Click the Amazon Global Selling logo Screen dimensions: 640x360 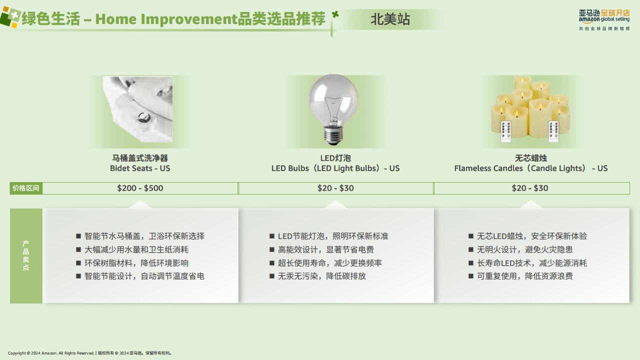pyautogui.click(x=604, y=20)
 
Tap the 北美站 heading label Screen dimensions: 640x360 pyautogui.click(x=390, y=19)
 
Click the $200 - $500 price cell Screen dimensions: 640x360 pyautogui.click(x=140, y=188)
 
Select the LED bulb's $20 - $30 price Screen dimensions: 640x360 pyautogui.click(x=335, y=188)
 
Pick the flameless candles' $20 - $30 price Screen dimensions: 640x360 pyautogui.click(x=529, y=188)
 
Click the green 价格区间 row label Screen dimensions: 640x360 pyautogui.click(x=25, y=188)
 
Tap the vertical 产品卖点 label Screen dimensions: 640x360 pyautogui.click(x=26, y=255)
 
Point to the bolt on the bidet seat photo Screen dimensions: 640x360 pyautogui.click(x=142, y=117)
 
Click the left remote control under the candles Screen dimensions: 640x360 pyautogui.click(x=505, y=131)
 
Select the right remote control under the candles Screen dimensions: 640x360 pyautogui.click(x=553, y=131)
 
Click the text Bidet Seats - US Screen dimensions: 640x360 pyautogui.click(x=140, y=168)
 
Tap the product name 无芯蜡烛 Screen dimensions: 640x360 pyautogui.click(x=531, y=158)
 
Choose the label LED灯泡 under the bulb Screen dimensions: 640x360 pyautogui.click(x=335, y=158)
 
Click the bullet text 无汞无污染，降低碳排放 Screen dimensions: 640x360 pyautogui.click(x=321, y=276)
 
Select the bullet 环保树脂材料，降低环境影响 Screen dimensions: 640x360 pyautogui.click(x=136, y=263)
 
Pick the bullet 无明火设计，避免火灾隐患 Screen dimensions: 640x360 pyautogui.click(x=525, y=249)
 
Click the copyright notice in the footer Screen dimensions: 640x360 pyautogui.click(x=90, y=353)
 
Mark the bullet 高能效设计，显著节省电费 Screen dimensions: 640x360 pyautogui.click(x=325, y=249)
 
